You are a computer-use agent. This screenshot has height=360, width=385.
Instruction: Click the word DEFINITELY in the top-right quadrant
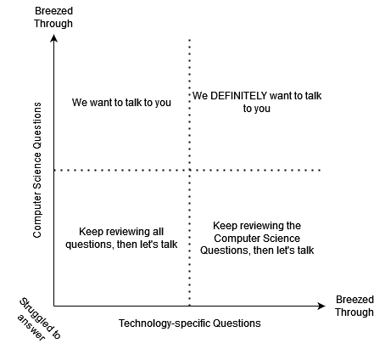click(238, 96)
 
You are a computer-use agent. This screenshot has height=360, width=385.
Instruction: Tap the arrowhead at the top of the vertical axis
click(53, 38)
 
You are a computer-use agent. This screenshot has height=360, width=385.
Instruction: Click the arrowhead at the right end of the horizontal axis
click(321, 306)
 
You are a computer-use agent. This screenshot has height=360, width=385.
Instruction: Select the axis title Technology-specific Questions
click(189, 323)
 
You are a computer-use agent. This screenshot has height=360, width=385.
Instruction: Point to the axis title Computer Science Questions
click(37, 170)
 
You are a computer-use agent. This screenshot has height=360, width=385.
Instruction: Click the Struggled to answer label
click(39, 319)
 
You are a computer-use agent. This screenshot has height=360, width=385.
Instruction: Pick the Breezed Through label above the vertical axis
click(53, 17)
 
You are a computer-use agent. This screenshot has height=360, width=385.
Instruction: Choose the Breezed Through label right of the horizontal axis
click(354, 306)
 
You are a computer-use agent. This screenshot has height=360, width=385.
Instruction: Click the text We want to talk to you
click(121, 103)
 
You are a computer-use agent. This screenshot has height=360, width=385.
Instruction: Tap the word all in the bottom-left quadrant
click(159, 232)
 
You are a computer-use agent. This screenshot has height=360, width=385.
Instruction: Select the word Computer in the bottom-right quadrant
click(233, 239)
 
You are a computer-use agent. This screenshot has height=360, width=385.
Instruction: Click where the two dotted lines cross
click(189, 170)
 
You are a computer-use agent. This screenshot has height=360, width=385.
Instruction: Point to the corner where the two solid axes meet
click(53, 306)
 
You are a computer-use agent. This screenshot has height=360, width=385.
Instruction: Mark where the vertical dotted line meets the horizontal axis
click(189, 306)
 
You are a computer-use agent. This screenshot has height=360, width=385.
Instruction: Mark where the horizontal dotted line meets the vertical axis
click(53, 170)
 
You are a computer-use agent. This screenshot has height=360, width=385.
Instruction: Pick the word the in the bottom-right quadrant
click(293, 226)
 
